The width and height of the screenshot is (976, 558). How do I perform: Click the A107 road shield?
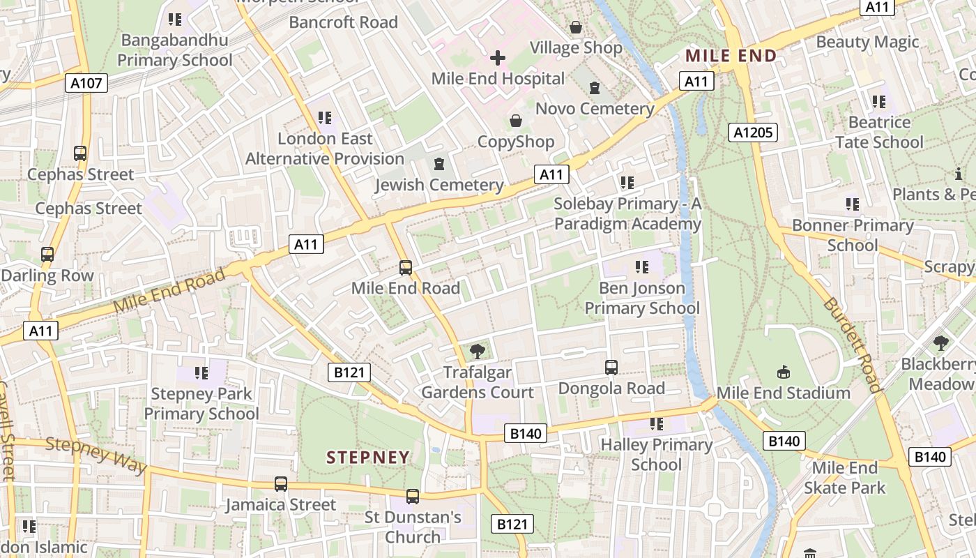(87, 84)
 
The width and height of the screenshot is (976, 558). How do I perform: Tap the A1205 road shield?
(753, 133)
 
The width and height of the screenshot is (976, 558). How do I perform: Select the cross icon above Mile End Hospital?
(498, 58)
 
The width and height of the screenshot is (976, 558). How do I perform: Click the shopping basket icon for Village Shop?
(576, 27)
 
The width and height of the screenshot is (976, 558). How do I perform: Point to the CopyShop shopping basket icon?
(516, 121)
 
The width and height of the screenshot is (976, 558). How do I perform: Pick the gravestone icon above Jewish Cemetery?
(439, 164)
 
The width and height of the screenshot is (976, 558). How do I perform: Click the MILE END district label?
(731, 56)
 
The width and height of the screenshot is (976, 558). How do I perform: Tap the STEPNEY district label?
(368, 458)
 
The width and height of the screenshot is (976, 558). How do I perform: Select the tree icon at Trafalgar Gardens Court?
(478, 352)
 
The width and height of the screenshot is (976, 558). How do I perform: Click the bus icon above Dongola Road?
(611, 367)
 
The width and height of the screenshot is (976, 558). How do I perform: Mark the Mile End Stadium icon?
(784, 372)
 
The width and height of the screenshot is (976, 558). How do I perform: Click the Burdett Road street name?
(853, 345)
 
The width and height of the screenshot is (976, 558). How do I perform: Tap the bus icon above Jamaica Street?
(281, 483)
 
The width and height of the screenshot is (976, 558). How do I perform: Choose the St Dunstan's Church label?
(413, 527)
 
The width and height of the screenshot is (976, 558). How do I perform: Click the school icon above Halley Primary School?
(656, 423)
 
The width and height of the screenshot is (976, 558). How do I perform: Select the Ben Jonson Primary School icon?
(642, 266)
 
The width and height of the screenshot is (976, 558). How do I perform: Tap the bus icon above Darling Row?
(47, 255)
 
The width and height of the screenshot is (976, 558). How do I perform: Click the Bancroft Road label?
(343, 22)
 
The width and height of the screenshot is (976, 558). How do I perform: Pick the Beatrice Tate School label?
(879, 132)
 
